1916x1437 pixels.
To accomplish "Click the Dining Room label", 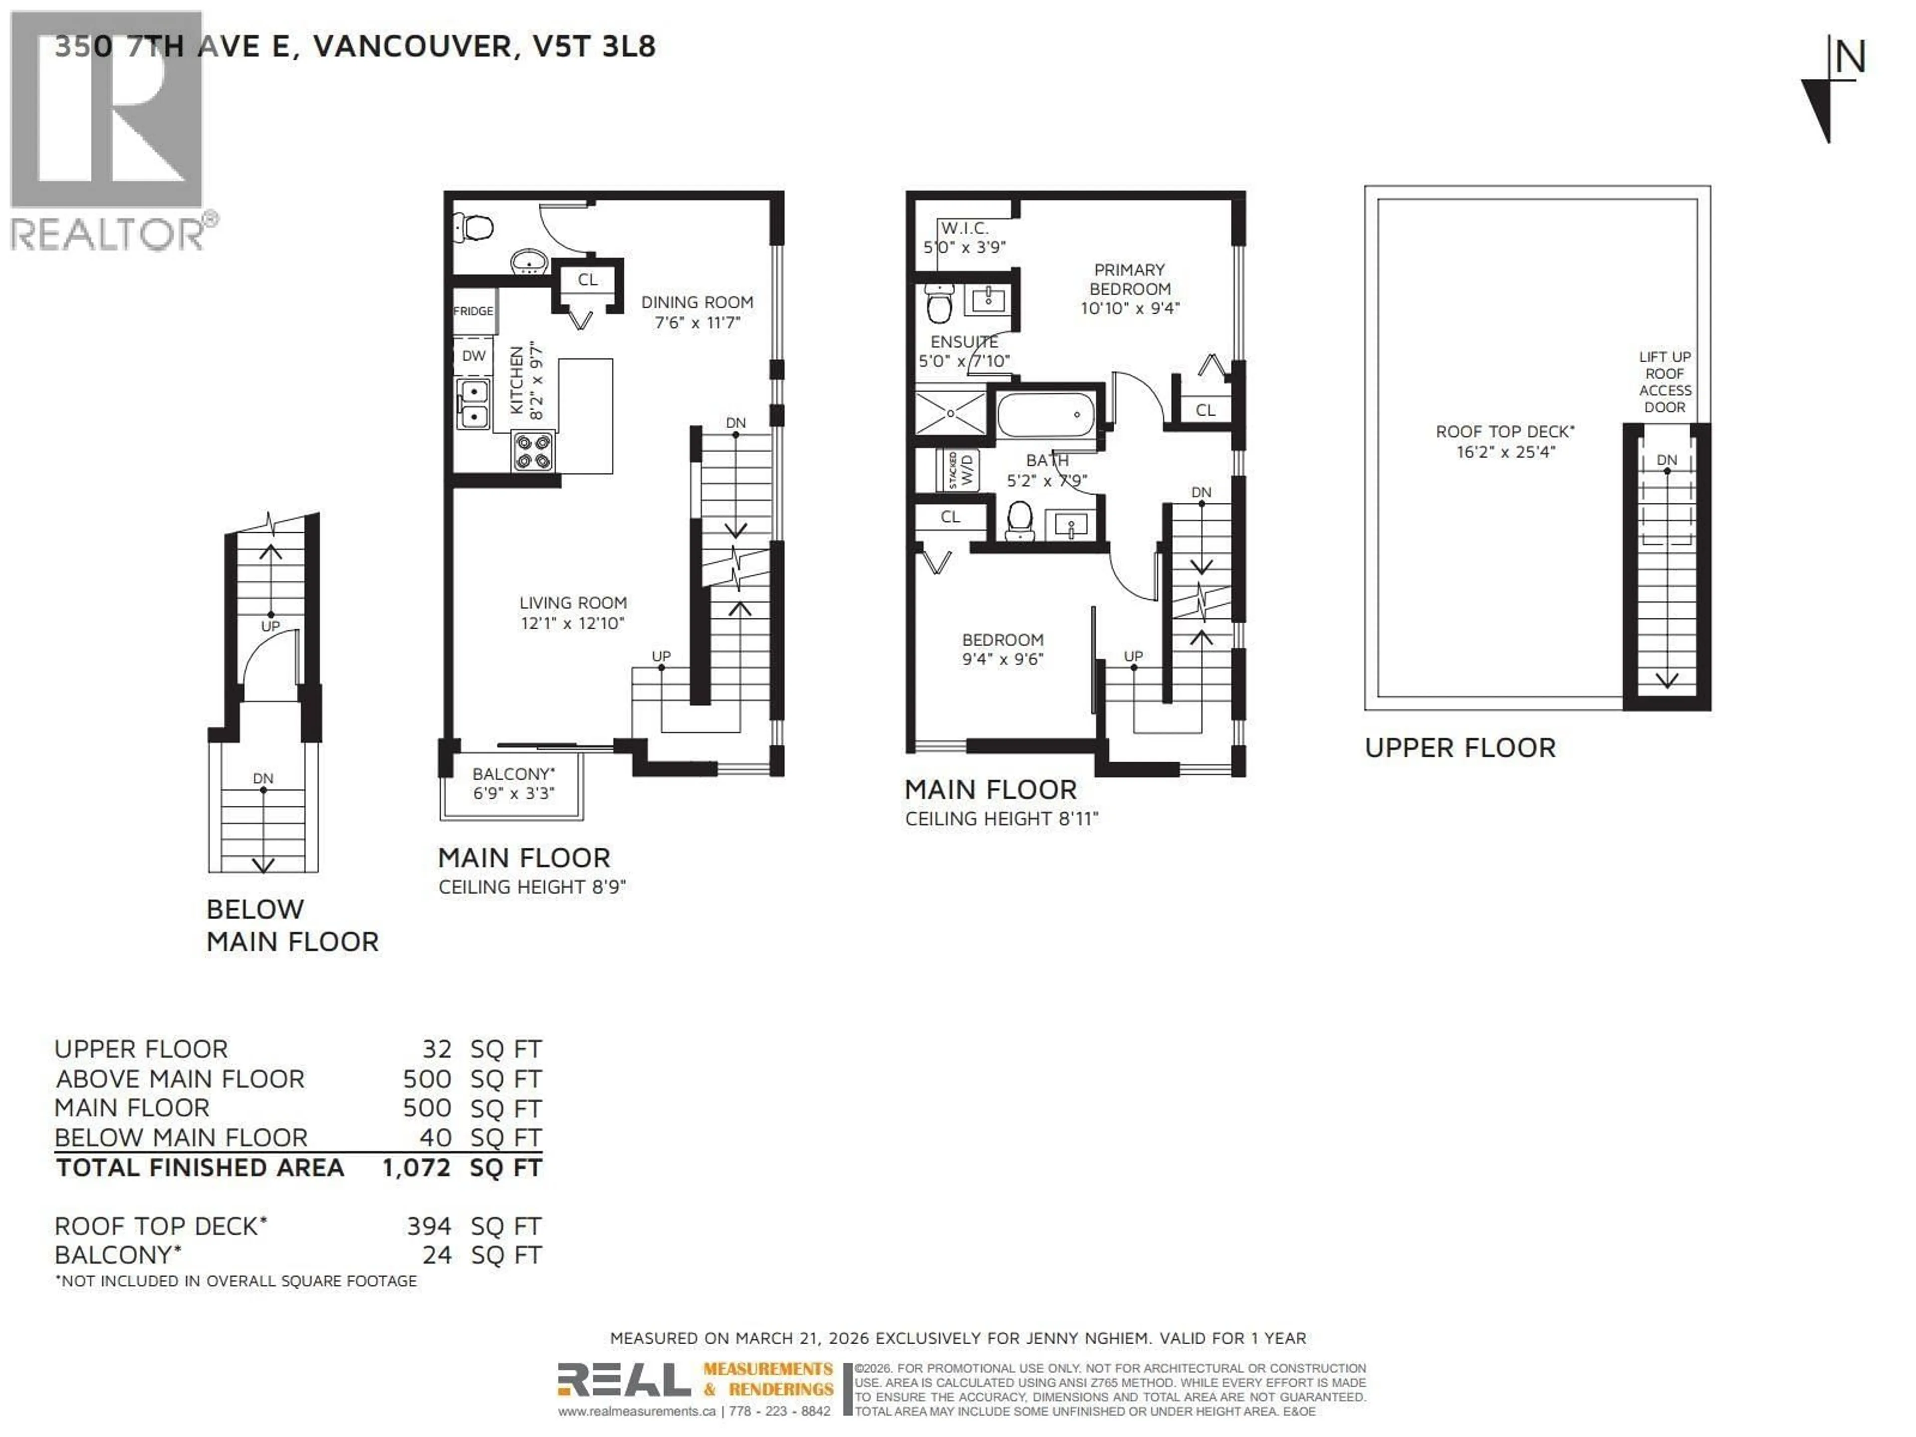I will coord(697,302).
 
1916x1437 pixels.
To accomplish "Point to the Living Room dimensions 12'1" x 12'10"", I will coord(572,623).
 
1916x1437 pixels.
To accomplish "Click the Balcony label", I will coord(513,773).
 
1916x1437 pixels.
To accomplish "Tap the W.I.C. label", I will coord(964,228).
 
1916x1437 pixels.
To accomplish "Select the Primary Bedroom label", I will coord(1130,279).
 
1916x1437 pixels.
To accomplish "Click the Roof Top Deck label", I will coord(1504,432).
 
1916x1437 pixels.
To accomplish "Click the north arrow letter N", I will coord(1849,58).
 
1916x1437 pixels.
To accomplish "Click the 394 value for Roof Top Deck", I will coord(429,1225).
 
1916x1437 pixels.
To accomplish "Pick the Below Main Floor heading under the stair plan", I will coord(292,924).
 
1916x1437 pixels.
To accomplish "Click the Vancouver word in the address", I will coord(412,46).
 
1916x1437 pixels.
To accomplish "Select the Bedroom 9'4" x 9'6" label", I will coord(1002,649).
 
